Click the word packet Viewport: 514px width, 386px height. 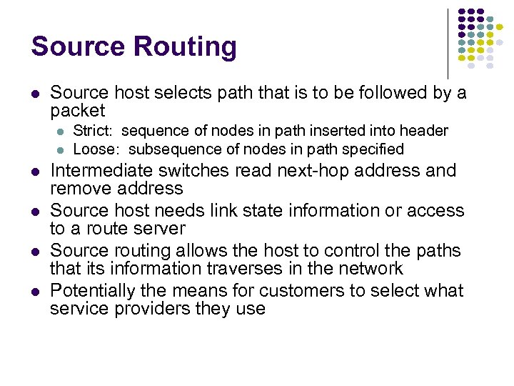[x=77, y=111]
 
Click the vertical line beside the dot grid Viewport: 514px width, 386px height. [x=448, y=43]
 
